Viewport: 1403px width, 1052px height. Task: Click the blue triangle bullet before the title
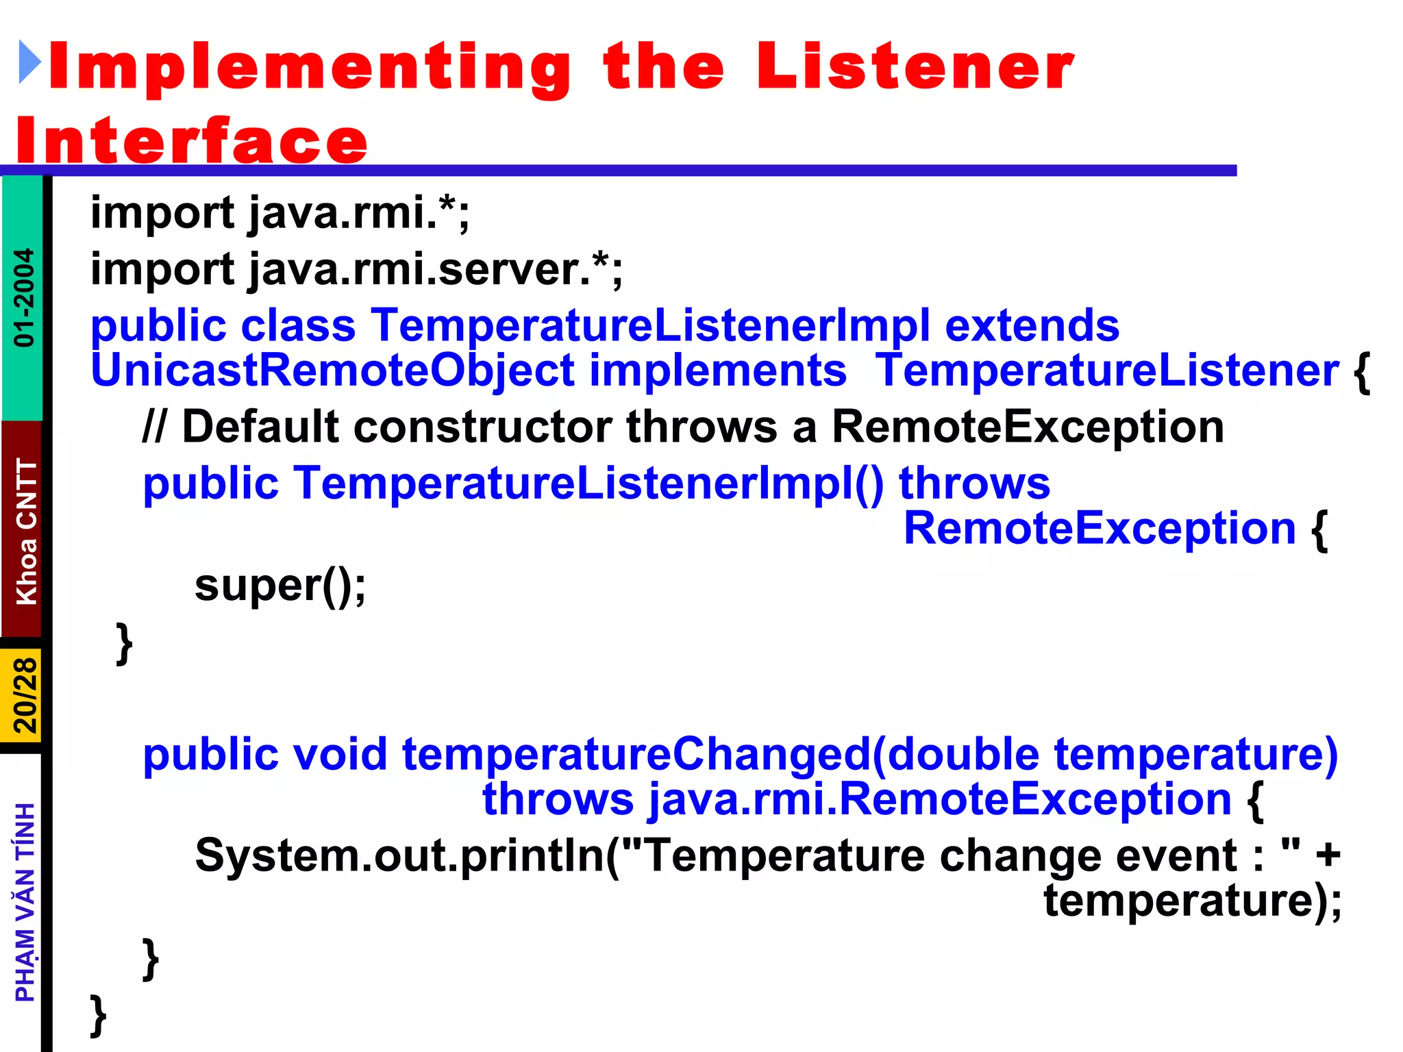tap(29, 62)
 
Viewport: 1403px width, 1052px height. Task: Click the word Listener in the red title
tap(915, 66)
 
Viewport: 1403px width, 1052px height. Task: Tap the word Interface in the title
tap(192, 140)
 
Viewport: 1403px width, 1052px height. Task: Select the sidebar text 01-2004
tap(24, 297)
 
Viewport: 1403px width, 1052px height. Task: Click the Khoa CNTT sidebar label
tap(26, 531)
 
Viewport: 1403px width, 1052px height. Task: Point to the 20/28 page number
tap(25, 695)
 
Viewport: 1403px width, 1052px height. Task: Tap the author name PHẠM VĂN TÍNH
tap(25, 902)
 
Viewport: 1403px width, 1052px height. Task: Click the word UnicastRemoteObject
tap(332, 371)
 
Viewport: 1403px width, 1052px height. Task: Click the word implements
tap(717, 371)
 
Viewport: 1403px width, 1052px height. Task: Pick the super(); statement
tap(280, 586)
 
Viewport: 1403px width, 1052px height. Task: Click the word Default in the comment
tap(260, 427)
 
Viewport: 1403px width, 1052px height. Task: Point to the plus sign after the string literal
tap(1327, 855)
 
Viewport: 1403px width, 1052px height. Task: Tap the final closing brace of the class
tap(98, 1014)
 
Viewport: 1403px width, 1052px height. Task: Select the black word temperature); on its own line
tap(1192, 900)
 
